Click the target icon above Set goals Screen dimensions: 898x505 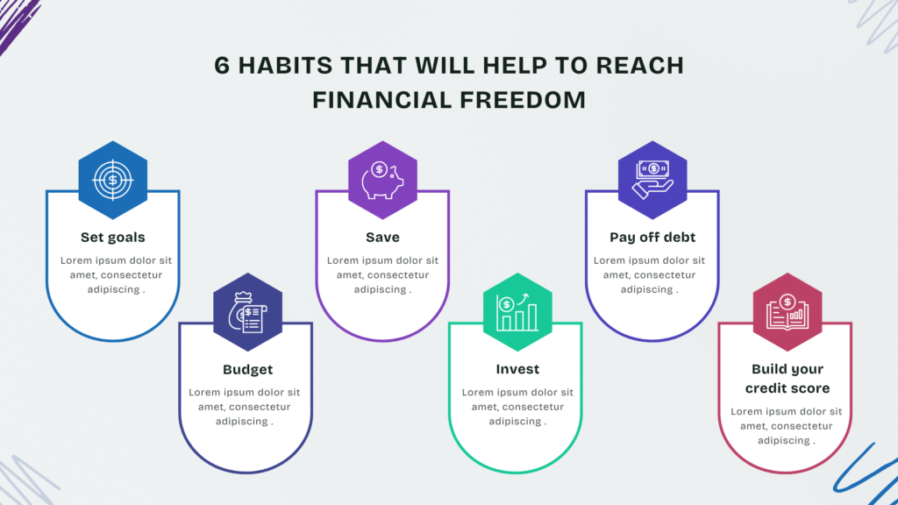click(x=113, y=180)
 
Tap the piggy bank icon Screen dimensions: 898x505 click(x=382, y=180)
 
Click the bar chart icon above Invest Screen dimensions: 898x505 click(x=517, y=312)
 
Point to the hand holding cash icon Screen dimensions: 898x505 click(x=652, y=179)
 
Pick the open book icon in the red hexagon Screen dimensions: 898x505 click(x=788, y=312)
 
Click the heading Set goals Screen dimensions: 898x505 click(x=113, y=237)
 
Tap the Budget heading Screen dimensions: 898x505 click(x=247, y=370)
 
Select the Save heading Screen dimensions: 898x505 click(x=382, y=237)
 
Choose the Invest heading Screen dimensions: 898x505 click(x=517, y=369)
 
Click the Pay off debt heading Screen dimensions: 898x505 click(x=652, y=238)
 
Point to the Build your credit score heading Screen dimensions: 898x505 click(x=788, y=379)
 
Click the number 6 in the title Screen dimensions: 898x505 click(x=222, y=65)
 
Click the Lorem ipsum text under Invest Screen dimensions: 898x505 click(x=517, y=407)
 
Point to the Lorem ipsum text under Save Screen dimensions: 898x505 click(x=382, y=274)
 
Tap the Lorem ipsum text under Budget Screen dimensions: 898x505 click(x=245, y=407)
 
